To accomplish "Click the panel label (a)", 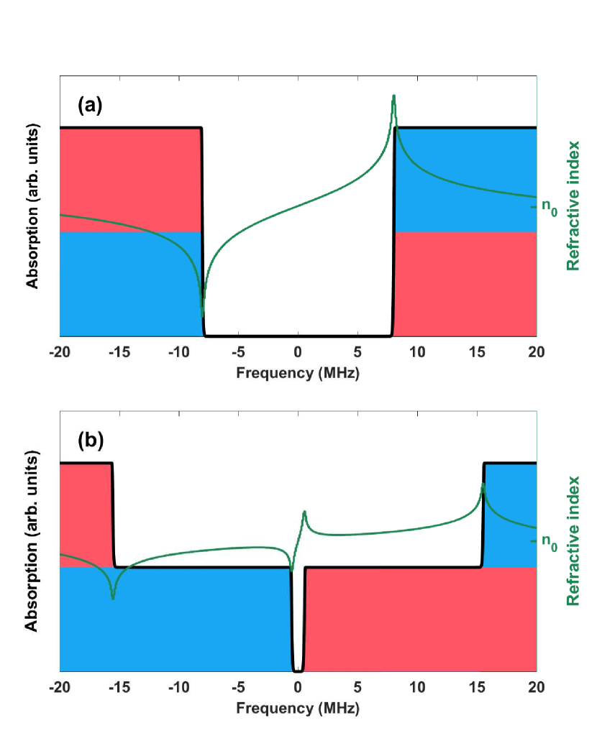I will pyautogui.click(x=91, y=106).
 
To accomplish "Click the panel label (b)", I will pyautogui.click(x=91, y=441).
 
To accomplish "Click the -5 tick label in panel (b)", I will pyautogui.click(x=237, y=686).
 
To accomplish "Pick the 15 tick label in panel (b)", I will pyautogui.click(x=477, y=686).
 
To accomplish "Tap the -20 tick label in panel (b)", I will pyautogui.click(x=59, y=686).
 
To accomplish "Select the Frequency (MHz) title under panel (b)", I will pyautogui.click(x=298, y=708).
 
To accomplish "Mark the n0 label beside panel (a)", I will pyautogui.click(x=549, y=208).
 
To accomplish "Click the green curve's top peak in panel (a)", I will pyautogui.click(x=393, y=96).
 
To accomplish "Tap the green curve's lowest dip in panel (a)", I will pyautogui.click(x=202, y=316).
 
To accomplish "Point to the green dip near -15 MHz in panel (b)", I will pyautogui.click(x=113, y=597).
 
